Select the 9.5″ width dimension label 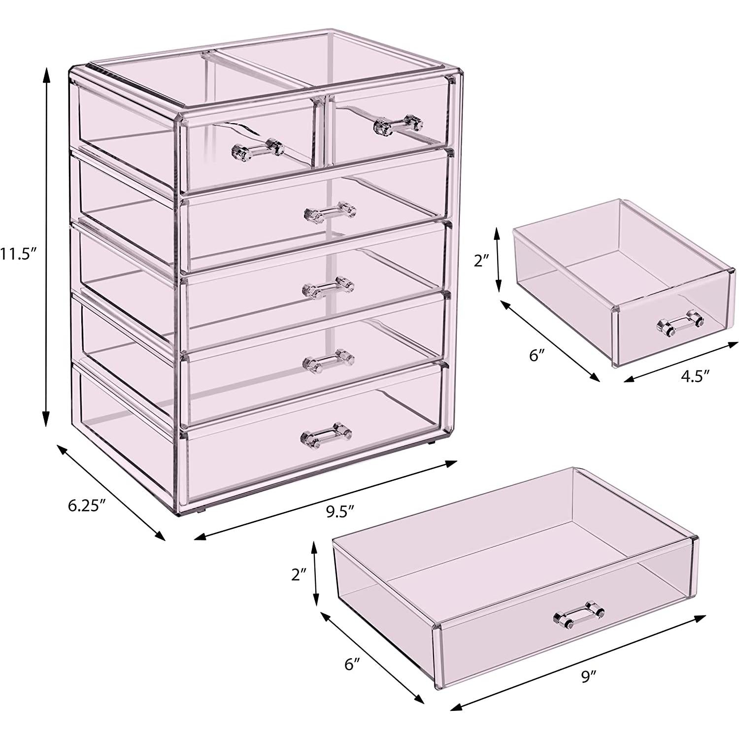tap(340, 511)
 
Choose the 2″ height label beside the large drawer tap(299, 574)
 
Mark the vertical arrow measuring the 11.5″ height tap(46, 247)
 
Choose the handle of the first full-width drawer tap(330, 212)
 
